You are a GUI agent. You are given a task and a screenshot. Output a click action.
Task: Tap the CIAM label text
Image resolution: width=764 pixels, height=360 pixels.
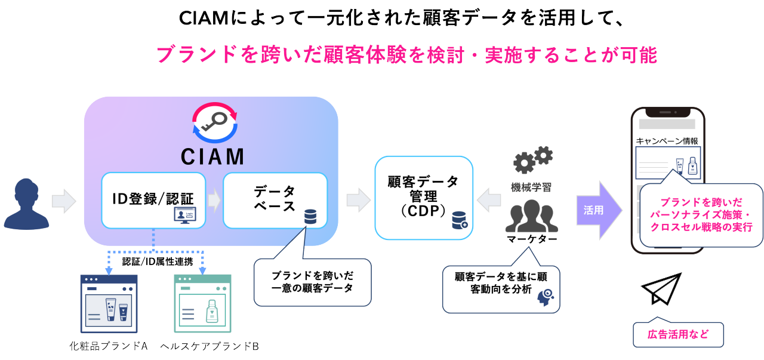pos(212,156)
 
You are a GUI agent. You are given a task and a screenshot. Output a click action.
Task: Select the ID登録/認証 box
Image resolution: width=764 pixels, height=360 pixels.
pos(153,200)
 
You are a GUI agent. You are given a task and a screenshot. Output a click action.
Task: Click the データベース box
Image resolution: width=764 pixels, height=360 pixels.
pos(275,200)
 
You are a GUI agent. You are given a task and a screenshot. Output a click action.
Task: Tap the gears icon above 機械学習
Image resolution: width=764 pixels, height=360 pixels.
pos(532,159)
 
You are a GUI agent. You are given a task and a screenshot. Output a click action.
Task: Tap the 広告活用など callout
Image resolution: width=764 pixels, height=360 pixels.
pos(678,334)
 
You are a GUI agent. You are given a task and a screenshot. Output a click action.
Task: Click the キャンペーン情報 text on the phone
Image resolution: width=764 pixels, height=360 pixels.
pos(667,141)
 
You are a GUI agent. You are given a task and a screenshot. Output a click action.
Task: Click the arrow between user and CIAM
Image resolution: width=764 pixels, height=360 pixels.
pos(63,201)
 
